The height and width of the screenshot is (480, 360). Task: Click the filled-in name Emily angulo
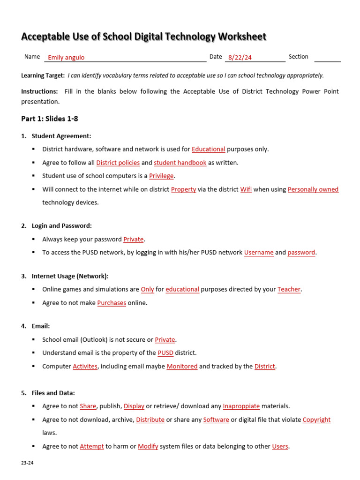[x=66, y=58]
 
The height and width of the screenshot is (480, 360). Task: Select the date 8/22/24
[x=240, y=58]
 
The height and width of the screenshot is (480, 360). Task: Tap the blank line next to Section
[x=327, y=59]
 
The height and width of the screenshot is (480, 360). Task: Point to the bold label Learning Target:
[x=43, y=75]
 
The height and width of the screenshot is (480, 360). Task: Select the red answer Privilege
[x=161, y=176]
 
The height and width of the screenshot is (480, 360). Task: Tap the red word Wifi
[x=246, y=189]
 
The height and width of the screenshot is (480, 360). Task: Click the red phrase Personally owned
[x=313, y=189]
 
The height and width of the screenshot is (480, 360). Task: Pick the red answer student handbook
[x=180, y=163]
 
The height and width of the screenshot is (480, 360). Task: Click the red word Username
[x=259, y=252]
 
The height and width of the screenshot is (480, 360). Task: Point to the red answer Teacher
[x=289, y=289]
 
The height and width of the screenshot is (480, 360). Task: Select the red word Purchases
[x=112, y=303]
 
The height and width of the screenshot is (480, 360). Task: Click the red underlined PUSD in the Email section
[x=165, y=353]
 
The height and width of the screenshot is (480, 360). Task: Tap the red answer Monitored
[x=182, y=366]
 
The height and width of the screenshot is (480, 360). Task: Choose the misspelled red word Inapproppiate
[x=241, y=406]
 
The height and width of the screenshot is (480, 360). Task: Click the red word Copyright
[x=316, y=420]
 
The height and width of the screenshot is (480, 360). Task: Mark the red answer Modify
[x=148, y=446]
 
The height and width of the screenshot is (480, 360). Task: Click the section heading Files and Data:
[x=53, y=393]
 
